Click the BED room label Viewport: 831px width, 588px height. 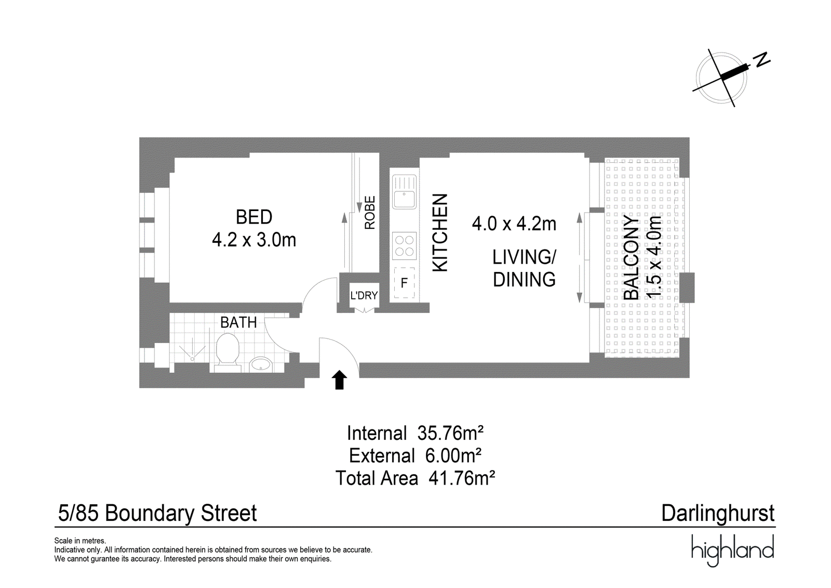tap(254, 217)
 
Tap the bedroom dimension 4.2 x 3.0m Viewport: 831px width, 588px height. tap(254, 240)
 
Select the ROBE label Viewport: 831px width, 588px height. tap(370, 213)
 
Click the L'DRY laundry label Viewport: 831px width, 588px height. tap(364, 296)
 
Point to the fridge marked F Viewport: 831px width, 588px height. tap(405, 283)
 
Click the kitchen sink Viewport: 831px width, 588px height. tap(405, 192)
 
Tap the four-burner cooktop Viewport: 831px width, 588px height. tap(405, 245)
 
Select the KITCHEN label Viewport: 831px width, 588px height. tap(441, 233)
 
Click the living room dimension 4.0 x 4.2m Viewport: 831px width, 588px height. tap(514, 224)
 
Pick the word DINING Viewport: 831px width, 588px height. tap(524, 280)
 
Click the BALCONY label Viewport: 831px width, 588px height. tap(632, 258)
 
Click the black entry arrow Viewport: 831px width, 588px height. tap(340, 380)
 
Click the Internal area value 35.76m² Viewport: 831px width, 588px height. tap(450, 433)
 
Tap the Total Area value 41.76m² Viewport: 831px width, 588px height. tap(462, 478)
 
